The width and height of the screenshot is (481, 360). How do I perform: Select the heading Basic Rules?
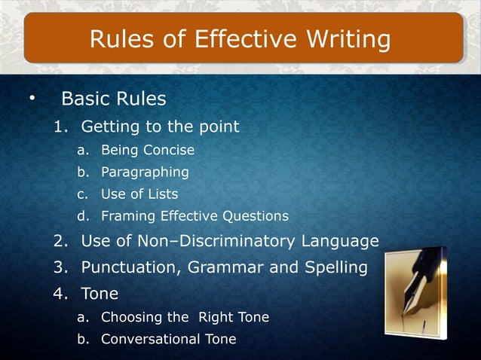click(113, 99)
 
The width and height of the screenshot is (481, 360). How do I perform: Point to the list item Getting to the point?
click(160, 126)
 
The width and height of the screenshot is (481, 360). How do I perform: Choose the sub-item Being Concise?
click(148, 150)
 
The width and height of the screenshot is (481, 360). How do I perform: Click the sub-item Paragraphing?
click(145, 172)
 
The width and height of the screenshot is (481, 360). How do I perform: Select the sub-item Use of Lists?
click(139, 194)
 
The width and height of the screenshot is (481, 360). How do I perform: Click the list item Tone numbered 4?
click(100, 293)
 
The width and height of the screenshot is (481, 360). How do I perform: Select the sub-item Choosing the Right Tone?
click(185, 317)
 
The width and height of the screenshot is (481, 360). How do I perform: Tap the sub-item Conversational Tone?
click(168, 339)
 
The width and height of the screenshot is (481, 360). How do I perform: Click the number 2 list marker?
click(60, 241)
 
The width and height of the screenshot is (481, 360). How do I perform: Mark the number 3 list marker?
click(60, 267)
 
